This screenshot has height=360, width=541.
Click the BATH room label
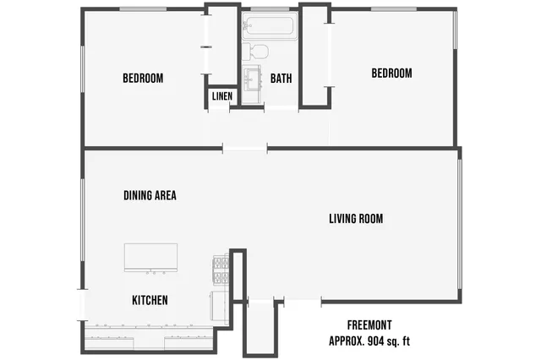pyautogui.click(x=281, y=79)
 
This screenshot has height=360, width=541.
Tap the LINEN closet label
pyautogui.click(x=222, y=96)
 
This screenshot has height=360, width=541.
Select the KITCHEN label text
pyautogui.click(x=150, y=301)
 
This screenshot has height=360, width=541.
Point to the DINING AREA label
pyautogui.click(x=150, y=195)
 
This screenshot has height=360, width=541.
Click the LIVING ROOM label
pyautogui.click(x=356, y=219)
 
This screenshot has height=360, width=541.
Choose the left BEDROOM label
pyautogui.click(x=143, y=79)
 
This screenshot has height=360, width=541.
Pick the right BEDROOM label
pyautogui.click(x=391, y=74)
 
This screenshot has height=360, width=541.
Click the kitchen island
pyautogui.click(x=150, y=257)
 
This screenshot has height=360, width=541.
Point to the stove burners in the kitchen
pyautogui.click(x=219, y=270)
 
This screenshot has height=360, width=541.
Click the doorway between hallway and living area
pyautogui.click(x=245, y=150)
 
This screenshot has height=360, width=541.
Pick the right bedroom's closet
pyautogui.click(x=314, y=55)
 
